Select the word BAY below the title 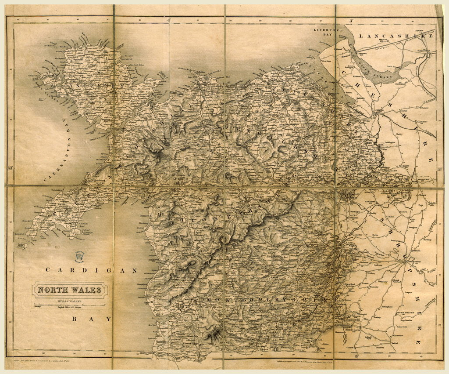pos(93,319)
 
